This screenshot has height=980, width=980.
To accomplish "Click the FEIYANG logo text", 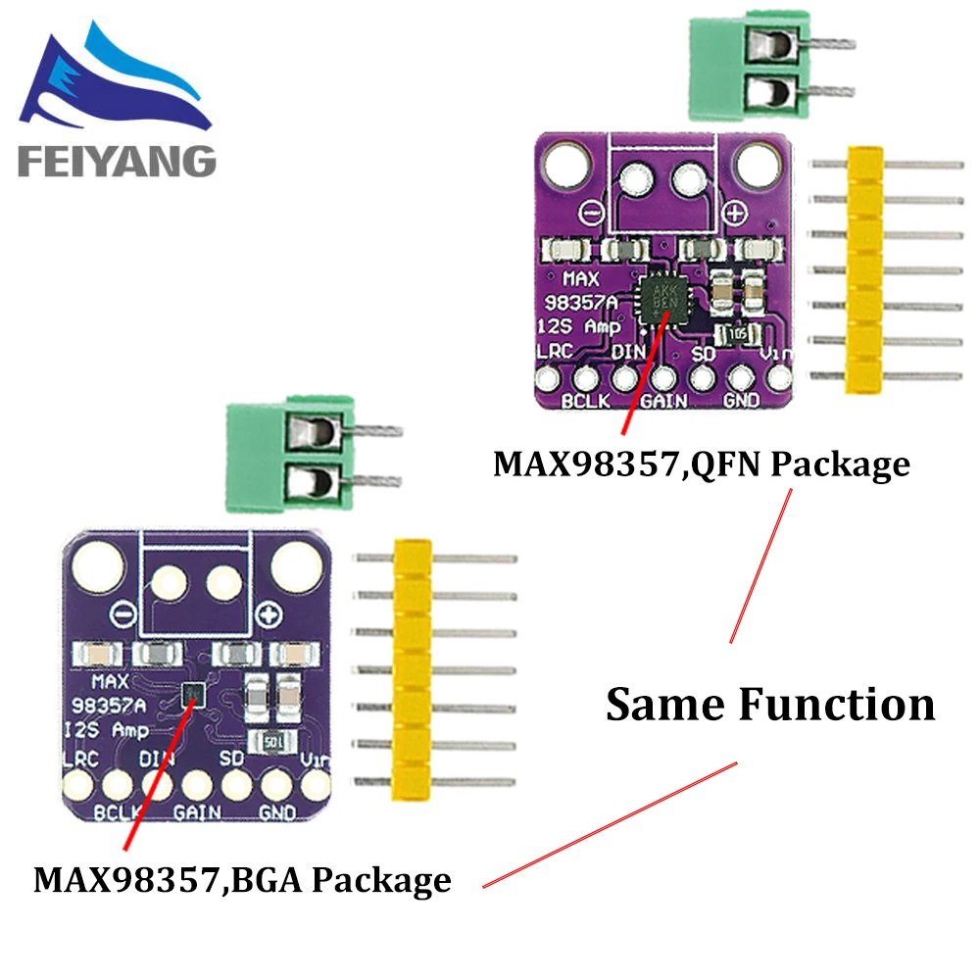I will [116, 160].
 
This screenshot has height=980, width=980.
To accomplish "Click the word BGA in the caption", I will [268, 878].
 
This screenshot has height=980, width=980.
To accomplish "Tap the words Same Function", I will [770, 704].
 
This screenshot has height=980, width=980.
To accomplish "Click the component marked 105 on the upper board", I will [736, 334].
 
